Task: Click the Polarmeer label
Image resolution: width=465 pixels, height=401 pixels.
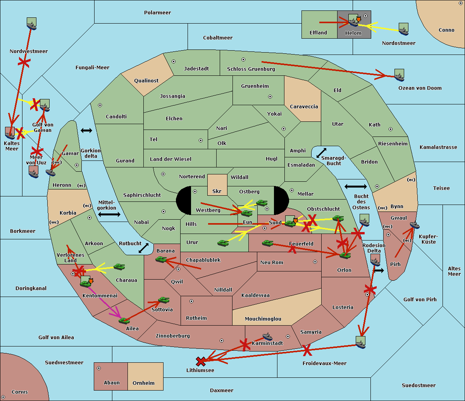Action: pyautogui.click(x=157, y=13)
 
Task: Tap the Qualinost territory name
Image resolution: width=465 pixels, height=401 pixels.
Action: pyautogui.click(x=146, y=80)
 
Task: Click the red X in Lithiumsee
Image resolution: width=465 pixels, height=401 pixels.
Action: pyautogui.click(x=201, y=361)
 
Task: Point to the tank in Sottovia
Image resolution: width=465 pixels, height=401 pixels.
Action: pyautogui.click(x=164, y=300)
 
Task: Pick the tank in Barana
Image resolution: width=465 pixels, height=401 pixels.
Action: pyautogui.click(x=161, y=259)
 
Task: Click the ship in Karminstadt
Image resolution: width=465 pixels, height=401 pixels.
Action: pyautogui.click(x=267, y=336)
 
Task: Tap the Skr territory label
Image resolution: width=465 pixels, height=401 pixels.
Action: pyautogui.click(x=217, y=191)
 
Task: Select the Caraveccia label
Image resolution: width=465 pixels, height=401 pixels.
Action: pyautogui.click(x=304, y=106)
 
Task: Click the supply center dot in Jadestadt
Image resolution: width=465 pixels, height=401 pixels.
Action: pyautogui.click(x=174, y=61)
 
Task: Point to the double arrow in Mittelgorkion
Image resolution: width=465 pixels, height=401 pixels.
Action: pyautogui.click(x=109, y=214)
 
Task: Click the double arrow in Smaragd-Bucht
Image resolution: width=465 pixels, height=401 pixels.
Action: pyautogui.click(x=321, y=153)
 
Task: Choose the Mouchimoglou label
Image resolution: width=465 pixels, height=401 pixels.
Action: pyautogui.click(x=263, y=319)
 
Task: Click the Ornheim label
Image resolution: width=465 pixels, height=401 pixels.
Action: pyautogui.click(x=143, y=383)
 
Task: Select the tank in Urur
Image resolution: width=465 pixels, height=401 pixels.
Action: pyautogui.click(x=223, y=243)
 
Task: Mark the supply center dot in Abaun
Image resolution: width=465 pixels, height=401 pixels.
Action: pyautogui.click(x=99, y=368)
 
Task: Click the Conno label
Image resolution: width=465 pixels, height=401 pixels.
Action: pyautogui.click(x=446, y=30)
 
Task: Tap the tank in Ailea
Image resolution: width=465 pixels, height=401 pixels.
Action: pyautogui.click(x=124, y=321)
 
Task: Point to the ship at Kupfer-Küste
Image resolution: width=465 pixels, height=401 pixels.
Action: pyautogui.click(x=415, y=225)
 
